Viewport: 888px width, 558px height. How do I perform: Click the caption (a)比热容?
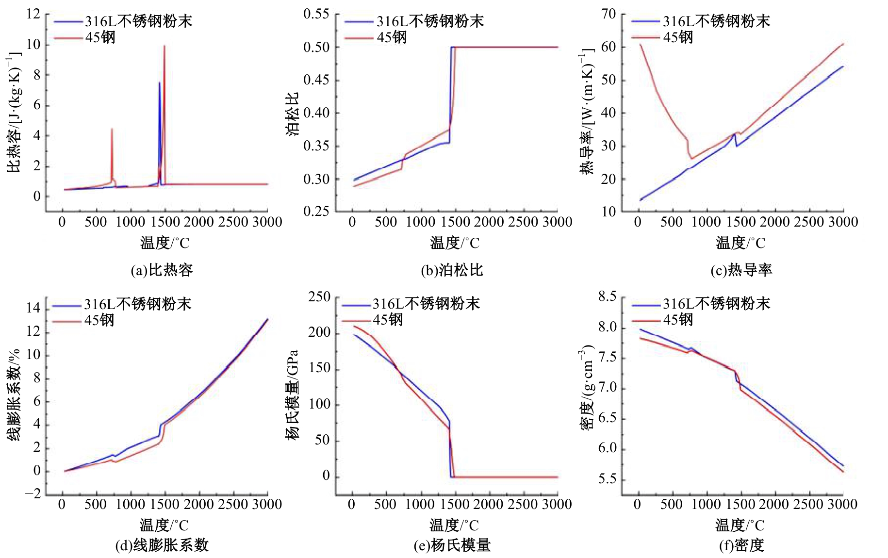tap(162, 270)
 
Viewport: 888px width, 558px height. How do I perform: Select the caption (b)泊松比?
tap(452, 270)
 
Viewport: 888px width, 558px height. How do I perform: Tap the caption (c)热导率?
tap(741, 270)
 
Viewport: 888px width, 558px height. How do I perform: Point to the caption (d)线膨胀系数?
tap(162, 545)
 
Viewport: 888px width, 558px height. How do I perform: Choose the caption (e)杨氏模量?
tap(452, 545)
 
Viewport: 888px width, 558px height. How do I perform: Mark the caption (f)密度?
tap(741, 545)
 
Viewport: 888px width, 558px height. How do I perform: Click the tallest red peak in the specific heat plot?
tap(164, 46)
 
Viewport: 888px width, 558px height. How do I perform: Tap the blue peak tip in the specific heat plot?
tap(160, 83)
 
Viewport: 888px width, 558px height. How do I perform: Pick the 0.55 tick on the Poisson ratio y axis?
tap(316, 14)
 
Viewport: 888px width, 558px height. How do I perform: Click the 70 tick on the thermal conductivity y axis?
tap(608, 14)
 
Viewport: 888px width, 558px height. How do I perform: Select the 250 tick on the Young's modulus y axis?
tap(319, 297)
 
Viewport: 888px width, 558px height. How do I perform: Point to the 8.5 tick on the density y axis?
tap(607, 297)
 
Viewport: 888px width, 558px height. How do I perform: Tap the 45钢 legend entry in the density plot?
tap(678, 320)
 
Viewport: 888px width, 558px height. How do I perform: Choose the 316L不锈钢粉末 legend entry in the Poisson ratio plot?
tap(430, 21)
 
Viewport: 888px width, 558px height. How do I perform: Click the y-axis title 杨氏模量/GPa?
tap(292, 394)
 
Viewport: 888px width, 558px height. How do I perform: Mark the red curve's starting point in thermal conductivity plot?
tap(641, 45)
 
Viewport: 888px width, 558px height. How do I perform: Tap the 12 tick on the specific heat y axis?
tap(33, 14)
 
